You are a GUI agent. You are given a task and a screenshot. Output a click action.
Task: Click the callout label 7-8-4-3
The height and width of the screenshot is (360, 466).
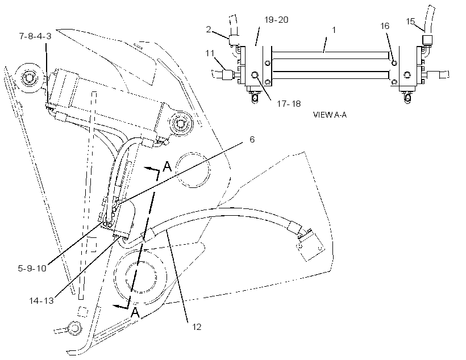coord(35,36)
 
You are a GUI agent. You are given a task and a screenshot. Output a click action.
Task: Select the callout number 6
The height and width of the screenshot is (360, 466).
coord(252,139)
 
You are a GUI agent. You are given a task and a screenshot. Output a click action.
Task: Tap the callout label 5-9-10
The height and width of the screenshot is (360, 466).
coord(32,269)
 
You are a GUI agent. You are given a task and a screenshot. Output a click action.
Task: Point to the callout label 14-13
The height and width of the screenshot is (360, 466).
coord(41,300)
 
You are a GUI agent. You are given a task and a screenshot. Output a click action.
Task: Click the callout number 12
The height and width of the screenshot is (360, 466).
coord(197,327)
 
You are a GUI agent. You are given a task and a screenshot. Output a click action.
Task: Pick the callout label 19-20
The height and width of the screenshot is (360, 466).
coord(276,20)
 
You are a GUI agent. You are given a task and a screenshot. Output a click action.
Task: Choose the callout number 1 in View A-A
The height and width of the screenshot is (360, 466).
coord(334,30)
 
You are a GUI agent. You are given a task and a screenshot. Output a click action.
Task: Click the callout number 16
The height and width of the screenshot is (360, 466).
coord(385,26)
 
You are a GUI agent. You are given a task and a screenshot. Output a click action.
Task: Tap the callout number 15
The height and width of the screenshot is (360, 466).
coord(410,22)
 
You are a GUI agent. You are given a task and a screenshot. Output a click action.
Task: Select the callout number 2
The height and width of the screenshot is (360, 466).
coord(209,29)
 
